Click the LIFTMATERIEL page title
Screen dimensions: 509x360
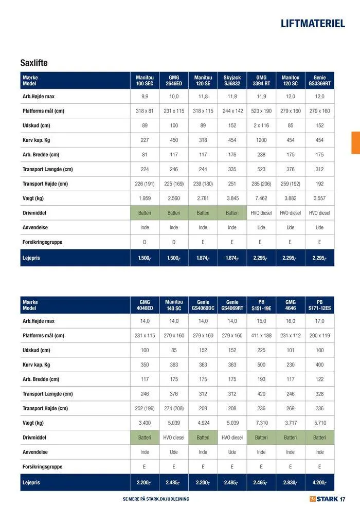point(313,24)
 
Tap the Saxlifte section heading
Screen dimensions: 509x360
point(34,63)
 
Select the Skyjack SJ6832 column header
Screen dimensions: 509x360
point(232,80)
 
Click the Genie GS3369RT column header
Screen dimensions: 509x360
point(319,80)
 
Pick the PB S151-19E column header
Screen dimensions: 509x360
point(261,305)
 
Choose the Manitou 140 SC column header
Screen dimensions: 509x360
point(174,305)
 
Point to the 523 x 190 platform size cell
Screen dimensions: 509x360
point(261,111)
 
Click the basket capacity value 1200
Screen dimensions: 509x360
point(261,140)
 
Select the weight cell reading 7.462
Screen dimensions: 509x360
point(261,198)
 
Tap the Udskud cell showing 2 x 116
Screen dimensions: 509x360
point(261,125)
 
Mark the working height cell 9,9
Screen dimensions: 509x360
point(145,97)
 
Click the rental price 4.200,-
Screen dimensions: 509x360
point(319,483)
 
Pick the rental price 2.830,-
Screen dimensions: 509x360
point(291,483)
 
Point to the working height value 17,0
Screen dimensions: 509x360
point(319,321)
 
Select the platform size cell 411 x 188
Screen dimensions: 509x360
point(261,336)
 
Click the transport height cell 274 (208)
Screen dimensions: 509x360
point(174,409)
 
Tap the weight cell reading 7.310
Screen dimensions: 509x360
point(261,423)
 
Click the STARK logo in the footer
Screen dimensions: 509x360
point(323,499)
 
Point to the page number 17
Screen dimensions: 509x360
point(343,499)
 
